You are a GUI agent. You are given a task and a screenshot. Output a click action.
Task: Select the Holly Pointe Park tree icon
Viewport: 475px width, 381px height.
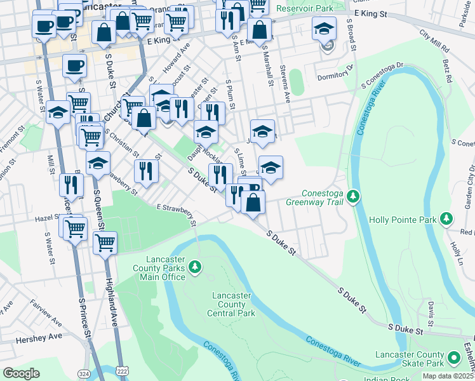click(x=447, y=219)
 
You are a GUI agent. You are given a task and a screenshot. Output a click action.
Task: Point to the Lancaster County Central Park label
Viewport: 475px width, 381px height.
click(x=231, y=304)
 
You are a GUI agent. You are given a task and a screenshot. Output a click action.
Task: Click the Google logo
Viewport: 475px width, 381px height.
click(x=21, y=373)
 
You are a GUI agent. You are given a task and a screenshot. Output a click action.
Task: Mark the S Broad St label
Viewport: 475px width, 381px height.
click(x=351, y=32)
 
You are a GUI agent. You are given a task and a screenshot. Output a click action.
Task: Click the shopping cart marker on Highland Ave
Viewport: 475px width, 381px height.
click(x=105, y=243)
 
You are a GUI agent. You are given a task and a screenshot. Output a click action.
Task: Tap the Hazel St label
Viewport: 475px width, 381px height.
click(x=47, y=217)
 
